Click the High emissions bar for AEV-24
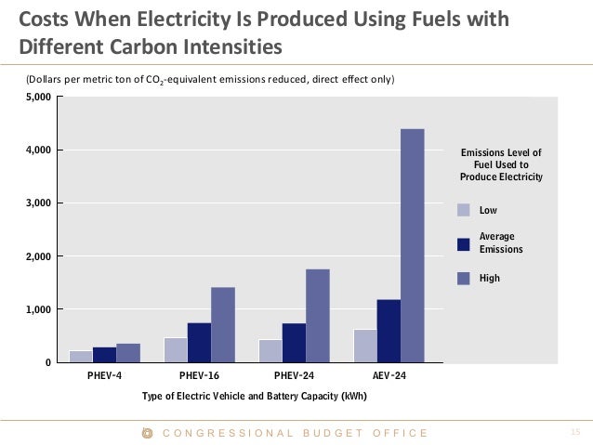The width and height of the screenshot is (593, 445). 412,245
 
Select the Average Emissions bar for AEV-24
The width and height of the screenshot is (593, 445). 389,331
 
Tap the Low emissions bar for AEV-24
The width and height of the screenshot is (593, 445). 365,346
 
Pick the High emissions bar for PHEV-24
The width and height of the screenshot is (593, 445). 317,315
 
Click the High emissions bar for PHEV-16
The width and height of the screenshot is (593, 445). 222,324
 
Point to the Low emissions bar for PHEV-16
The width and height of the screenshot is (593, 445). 175,349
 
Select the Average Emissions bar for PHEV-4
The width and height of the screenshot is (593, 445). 103,354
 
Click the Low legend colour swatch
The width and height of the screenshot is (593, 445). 464,210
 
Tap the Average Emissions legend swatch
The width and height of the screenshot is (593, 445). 464,243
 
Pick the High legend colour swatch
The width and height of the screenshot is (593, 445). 464,277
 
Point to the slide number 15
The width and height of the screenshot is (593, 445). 573,432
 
